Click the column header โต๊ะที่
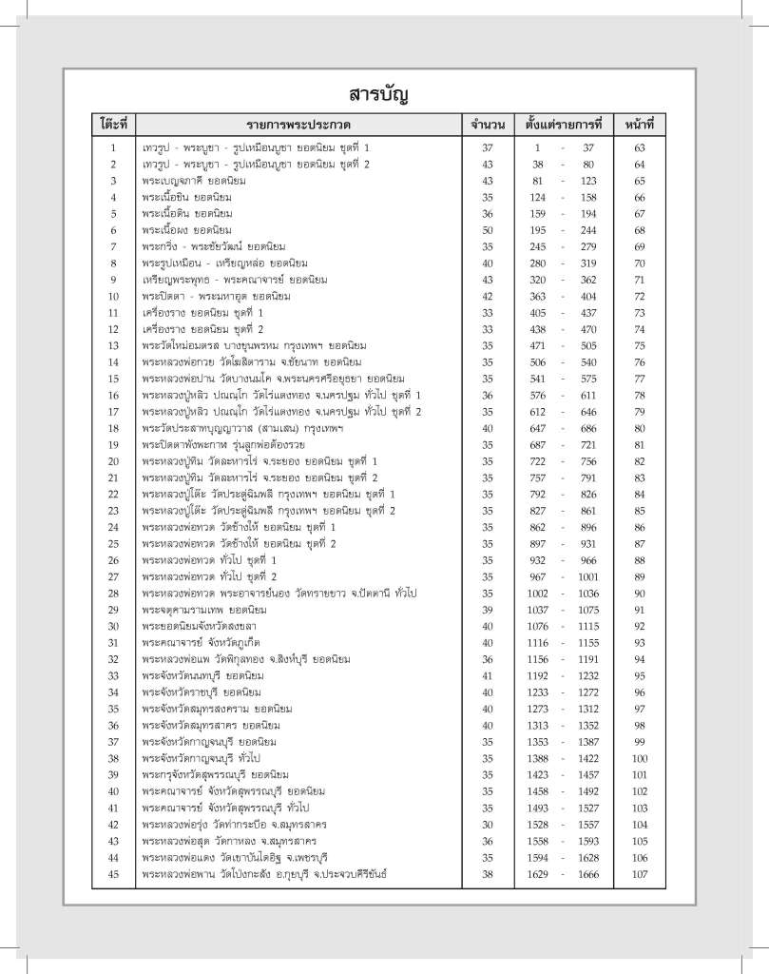(x=113, y=125)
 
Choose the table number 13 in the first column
(x=113, y=345)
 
